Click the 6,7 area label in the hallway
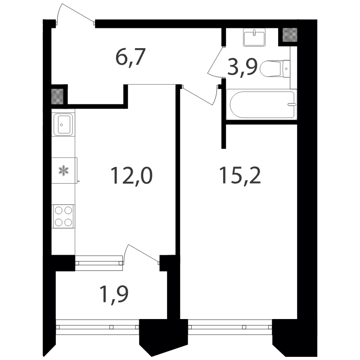click(x=130, y=58)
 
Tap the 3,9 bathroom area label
click(x=243, y=67)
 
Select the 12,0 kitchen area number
click(x=131, y=176)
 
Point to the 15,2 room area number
click(x=240, y=175)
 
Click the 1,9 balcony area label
click(x=114, y=294)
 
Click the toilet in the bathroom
click(x=275, y=68)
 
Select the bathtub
click(x=261, y=104)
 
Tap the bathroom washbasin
click(x=254, y=37)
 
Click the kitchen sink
click(x=63, y=125)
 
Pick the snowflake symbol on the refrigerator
click(x=63, y=171)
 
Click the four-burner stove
click(x=63, y=216)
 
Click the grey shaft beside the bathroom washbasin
click(x=290, y=35)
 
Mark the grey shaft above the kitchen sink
click(x=57, y=96)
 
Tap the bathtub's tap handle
click(x=292, y=104)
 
